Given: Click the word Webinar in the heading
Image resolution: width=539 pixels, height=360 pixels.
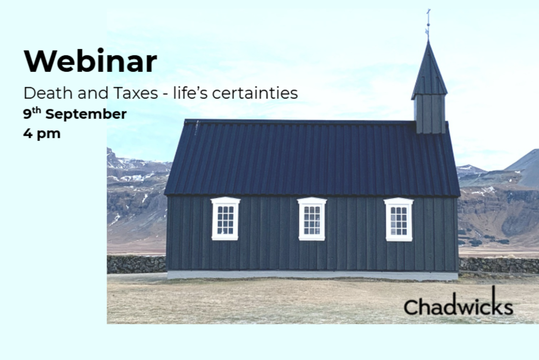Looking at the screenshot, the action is tap(91, 61).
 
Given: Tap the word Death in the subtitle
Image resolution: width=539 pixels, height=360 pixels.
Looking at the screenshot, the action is tap(48, 93).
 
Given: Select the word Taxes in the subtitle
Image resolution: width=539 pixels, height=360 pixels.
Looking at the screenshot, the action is tap(135, 93).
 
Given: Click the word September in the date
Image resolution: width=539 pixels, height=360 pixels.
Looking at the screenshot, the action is tap(86, 114).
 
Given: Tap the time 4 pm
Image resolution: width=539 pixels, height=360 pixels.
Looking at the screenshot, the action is tap(42, 134).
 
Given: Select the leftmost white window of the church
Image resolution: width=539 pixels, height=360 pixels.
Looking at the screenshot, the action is tap(226, 219).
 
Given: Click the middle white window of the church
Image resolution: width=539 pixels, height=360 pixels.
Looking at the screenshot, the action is tap(312, 219).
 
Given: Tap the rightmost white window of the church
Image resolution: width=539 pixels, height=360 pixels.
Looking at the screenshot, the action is tap(399, 219).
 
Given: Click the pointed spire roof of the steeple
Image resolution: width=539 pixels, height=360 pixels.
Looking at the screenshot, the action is tap(429, 72).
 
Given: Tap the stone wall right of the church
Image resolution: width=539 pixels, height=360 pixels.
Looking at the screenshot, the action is tap(498, 265).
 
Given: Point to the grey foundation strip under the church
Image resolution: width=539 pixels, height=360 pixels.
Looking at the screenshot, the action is tap(313, 275).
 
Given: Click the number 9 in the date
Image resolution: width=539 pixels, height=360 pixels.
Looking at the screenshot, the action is tap(27, 114).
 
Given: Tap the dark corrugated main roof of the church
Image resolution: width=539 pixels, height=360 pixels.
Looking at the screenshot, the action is tap(312, 158).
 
